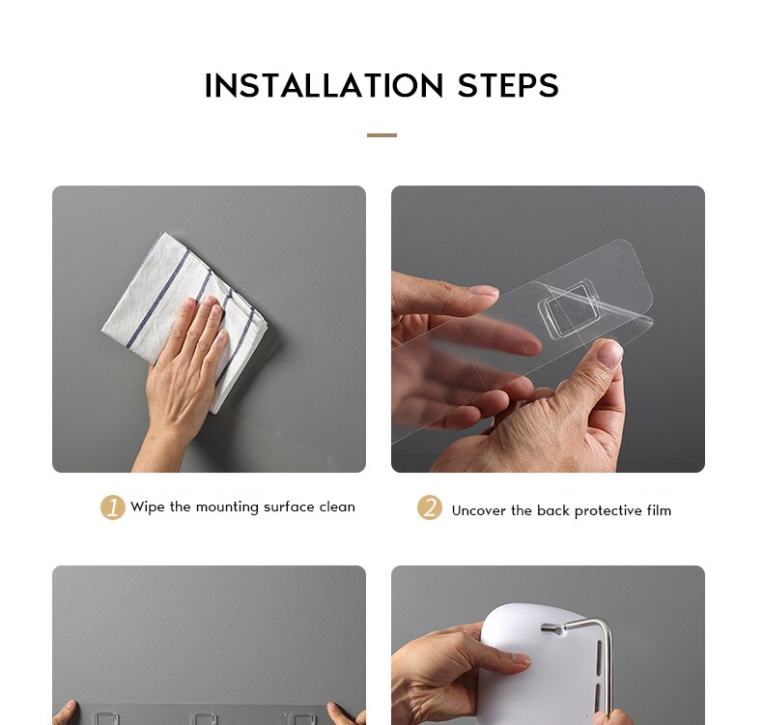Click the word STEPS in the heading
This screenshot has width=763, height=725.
tap(508, 86)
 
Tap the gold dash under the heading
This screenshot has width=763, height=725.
tap(381, 135)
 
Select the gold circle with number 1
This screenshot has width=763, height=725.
tap(113, 507)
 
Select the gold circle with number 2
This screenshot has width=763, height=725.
tap(430, 507)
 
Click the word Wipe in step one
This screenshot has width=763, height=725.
tap(148, 507)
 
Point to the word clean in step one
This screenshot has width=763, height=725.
tap(337, 507)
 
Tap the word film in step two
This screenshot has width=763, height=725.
tap(659, 510)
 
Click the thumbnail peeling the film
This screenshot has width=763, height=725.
tap(608, 353)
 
